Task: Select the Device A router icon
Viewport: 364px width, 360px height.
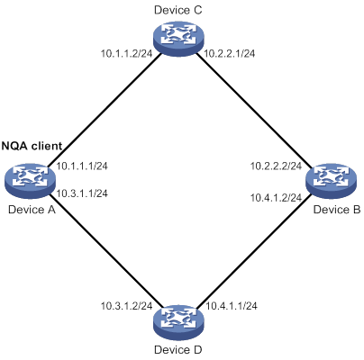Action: pos(31,180)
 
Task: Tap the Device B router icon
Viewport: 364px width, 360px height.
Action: pos(332,180)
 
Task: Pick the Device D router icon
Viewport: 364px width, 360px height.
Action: pos(178,322)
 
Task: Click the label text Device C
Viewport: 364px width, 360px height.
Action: pos(178,10)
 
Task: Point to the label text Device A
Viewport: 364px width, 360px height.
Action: pos(32,210)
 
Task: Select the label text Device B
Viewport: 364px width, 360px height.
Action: pos(337,210)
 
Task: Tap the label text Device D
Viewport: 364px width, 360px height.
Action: pos(178,350)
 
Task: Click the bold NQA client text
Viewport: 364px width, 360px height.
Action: pos(32,146)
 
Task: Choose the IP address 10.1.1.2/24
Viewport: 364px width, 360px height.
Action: pos(126,54)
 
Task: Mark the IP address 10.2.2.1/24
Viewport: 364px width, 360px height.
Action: pos(230,54)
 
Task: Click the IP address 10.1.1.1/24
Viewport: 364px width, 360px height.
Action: pos(82,166)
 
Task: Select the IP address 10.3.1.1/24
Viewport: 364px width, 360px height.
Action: pos(82,193)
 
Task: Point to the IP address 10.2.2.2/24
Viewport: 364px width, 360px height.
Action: pos(276,166)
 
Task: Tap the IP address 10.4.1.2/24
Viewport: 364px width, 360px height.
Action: pos(276,198)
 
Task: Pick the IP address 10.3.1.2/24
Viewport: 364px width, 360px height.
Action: pos(126,306)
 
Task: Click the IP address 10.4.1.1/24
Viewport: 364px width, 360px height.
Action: pos(231,306)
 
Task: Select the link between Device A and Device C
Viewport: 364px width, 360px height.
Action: pos(103,110)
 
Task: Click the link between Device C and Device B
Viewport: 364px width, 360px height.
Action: pos(254,110)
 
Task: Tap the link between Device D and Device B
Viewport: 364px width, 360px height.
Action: pos(254,251)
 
